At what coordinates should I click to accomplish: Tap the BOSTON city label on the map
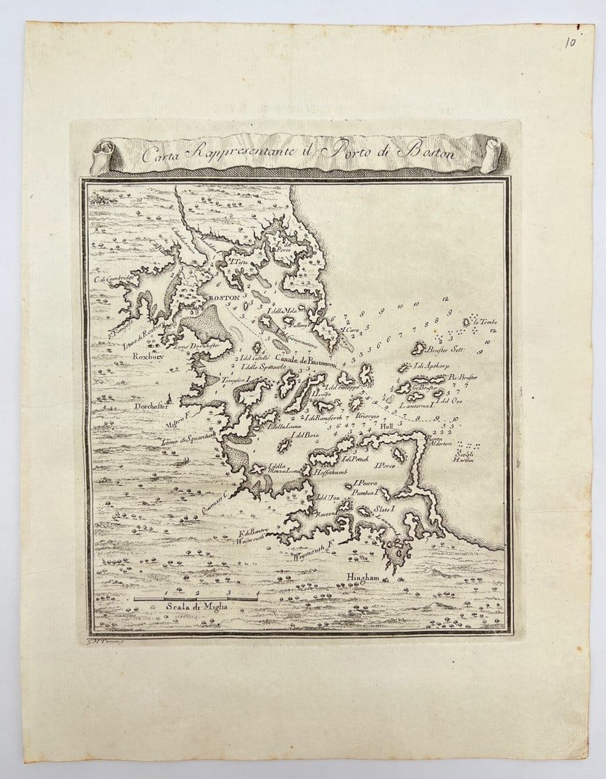point(220,297)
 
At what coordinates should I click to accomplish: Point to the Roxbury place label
point(148,357)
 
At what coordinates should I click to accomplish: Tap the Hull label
point(386,427)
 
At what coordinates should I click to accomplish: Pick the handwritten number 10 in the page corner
point(570,41)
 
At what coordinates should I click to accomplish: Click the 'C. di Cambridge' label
point(114,279)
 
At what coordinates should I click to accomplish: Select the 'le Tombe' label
point(485,321)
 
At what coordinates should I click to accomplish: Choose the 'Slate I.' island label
point(382,510)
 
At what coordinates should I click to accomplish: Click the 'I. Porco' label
point(384,464)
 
